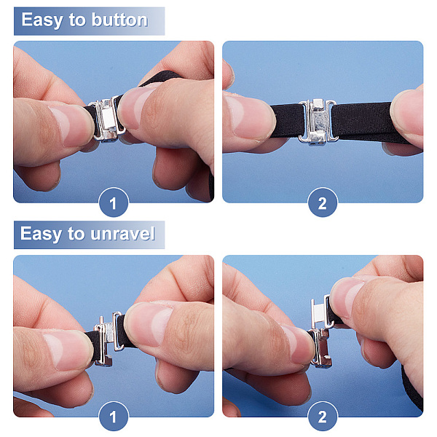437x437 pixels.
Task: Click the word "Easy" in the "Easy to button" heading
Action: click(42, 20)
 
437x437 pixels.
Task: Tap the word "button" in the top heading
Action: click(119, 20)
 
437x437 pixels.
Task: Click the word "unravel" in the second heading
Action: click(122, 234)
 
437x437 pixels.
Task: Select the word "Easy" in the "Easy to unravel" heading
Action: click(41, 234)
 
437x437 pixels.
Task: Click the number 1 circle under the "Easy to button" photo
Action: click(114, 202)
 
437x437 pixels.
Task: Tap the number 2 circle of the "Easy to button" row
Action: click(323, 202)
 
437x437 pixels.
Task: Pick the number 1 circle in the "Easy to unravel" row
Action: click(114, 417)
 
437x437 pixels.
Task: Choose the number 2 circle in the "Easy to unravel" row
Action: click(323, 417)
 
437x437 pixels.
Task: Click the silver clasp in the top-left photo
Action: click(107, 119)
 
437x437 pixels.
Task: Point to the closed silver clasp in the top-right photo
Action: click(318, 122)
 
